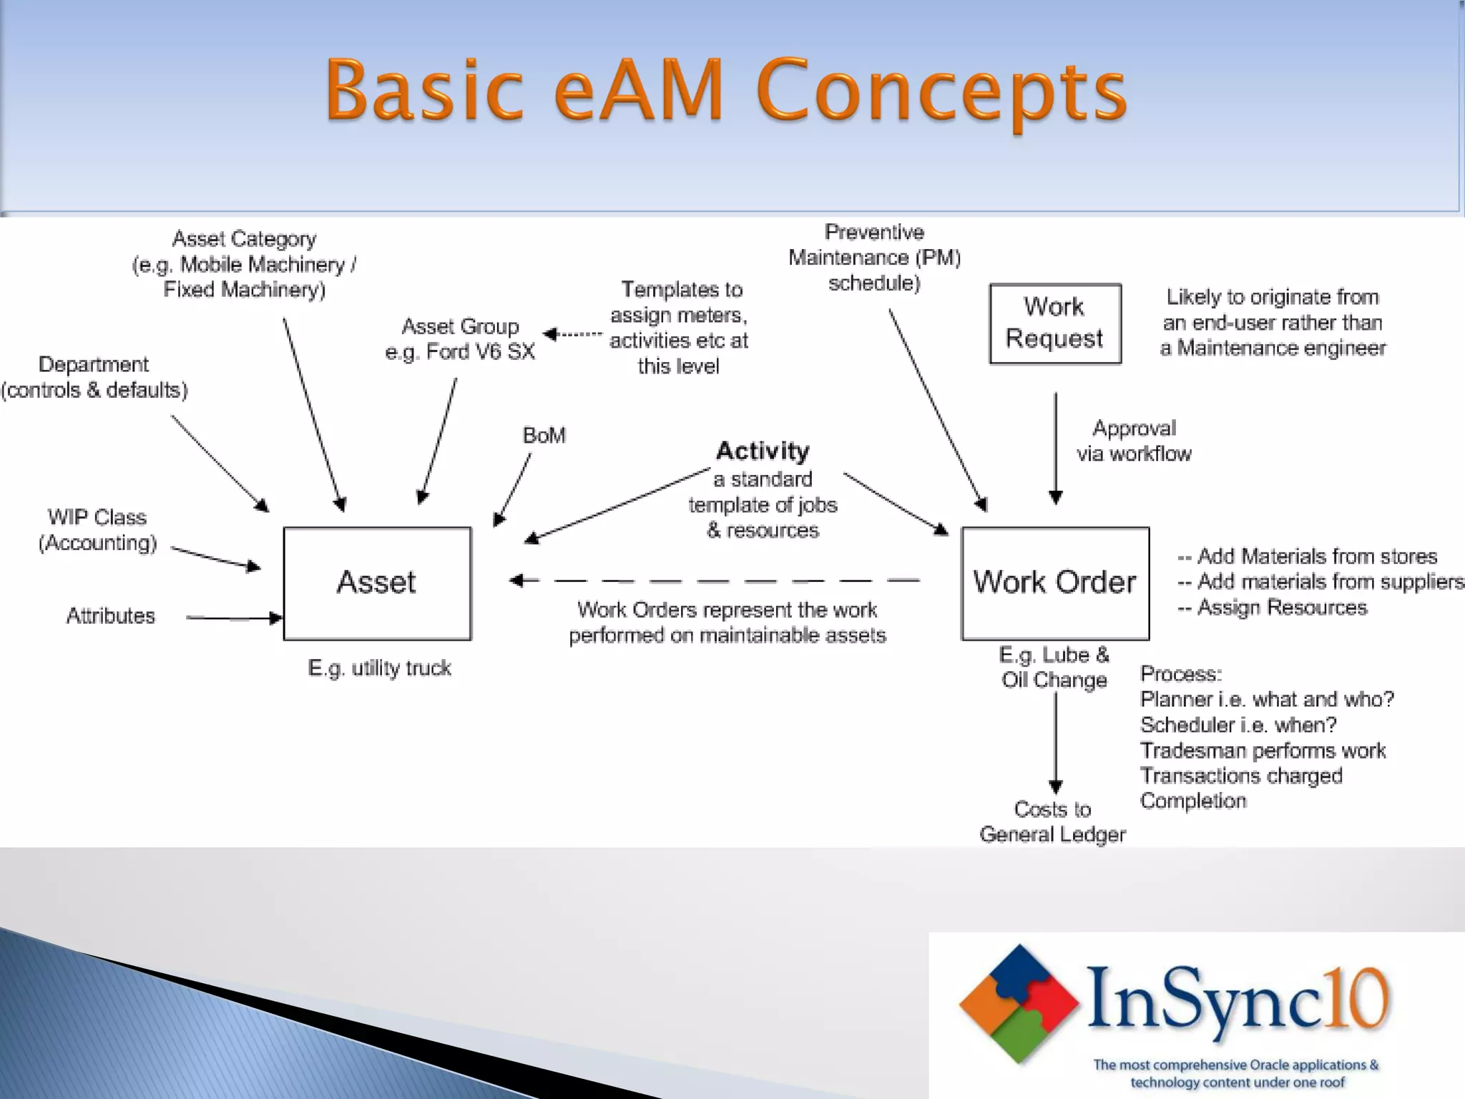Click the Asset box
377,583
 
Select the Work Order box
1055,583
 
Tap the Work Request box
1055,323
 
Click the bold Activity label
763,451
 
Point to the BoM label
544,435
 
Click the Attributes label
111,616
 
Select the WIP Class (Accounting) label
97,530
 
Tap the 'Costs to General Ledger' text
1052,821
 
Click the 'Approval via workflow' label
1134,441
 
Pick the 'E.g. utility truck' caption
379,668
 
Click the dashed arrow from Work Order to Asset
715,580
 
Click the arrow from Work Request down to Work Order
1056,447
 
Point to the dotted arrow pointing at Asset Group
573,334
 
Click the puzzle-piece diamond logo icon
1019,1003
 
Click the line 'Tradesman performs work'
1263,751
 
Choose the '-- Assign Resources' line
1272,607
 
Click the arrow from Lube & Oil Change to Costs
1056,741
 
